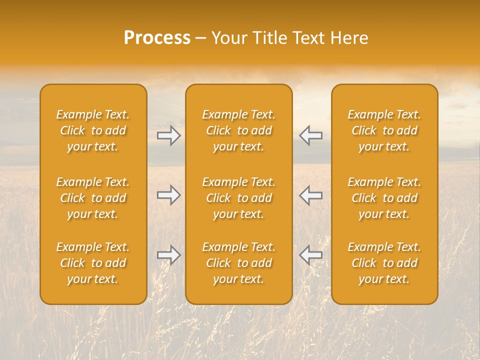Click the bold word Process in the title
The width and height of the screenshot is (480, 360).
click(157, 38)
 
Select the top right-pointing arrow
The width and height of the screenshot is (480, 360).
click(169, 135)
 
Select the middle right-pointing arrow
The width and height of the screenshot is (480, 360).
click(169, 195)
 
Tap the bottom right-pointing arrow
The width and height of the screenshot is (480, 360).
click(169, 255)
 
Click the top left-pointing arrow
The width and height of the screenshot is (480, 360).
click(310, 135)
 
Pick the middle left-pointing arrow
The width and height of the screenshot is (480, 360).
click(310, 195)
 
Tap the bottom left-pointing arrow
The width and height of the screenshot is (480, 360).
click(310, 255)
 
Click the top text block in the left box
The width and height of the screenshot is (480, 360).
click(93, 130)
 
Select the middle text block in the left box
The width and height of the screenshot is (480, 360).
click(93, 198)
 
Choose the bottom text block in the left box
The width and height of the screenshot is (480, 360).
click(93, 263)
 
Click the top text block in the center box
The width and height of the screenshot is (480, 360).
click(238, 130)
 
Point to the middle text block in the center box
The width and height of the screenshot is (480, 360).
click(238, 198)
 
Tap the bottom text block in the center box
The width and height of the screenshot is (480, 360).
click(238, 263)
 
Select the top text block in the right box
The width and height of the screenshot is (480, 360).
click(384, 130)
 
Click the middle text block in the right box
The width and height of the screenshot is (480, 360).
click(384, 198)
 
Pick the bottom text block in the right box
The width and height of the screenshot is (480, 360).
click(384, 263)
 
